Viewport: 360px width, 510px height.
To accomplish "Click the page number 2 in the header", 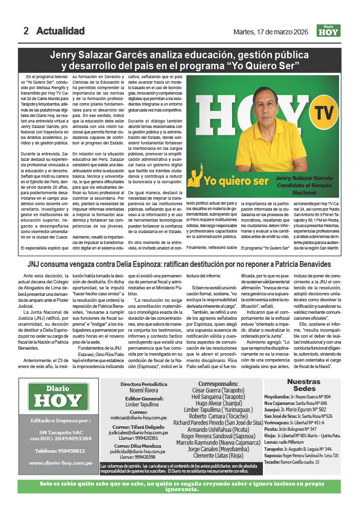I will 26,31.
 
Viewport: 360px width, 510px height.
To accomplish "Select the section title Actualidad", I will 60,31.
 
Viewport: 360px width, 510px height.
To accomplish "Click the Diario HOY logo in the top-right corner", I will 329,31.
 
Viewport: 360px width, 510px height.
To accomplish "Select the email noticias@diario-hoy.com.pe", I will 145,419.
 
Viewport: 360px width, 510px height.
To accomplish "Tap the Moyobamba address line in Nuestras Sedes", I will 301,396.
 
